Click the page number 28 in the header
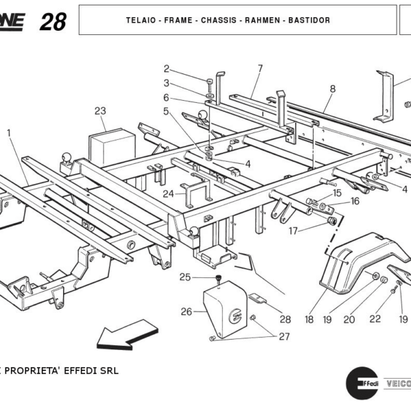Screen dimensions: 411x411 click(x=53, y=21)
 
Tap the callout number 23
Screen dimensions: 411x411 click(x=101, y=110)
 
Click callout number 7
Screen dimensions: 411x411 click(x=260, y=68)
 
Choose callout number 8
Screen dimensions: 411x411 click(x=332, y=88)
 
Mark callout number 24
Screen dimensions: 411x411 click(x=167, y=194)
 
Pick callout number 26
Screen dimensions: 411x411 click(x=186, y=312)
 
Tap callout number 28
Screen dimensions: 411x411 click(x=285, y=319)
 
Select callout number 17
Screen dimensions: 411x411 click(x=293, y=231)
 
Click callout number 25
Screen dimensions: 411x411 click(x=185, y=277)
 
